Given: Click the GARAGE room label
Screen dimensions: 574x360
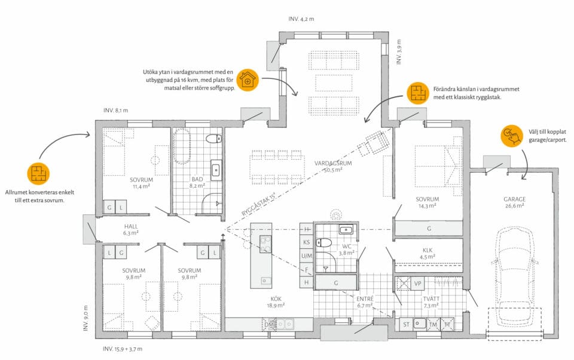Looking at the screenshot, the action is pyautogui.click(x=514, y=199).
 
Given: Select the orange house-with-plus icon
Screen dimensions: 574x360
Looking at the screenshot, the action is pyautogui.click(x=248, y=80).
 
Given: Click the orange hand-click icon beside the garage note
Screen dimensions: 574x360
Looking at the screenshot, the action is pyautogui.click(x=512, y=136).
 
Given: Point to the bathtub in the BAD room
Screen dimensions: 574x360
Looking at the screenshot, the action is pyautogui.click(x=182, y=146).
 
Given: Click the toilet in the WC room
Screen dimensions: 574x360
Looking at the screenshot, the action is pyautogui.click(x=323, y=243).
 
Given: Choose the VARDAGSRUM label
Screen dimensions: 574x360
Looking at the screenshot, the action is pyautogui.click(x=333, y=163).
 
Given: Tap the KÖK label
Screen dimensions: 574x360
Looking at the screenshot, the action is pyautogui.click(x=276, y=299).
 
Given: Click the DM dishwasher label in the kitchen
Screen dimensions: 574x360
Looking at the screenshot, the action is pyautogui.click(x=269, y=325).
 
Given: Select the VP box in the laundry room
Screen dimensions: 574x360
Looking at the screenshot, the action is pyautogui.click(x=418, y=283).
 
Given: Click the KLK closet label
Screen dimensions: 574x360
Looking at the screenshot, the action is pyautogui.click(x=428, y=251).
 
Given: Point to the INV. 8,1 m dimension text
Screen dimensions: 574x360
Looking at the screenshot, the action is pyautogui.click(x=115, y=110).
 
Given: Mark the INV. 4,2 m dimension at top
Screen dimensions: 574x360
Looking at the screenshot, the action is pyautogui.click(x=301, y=19).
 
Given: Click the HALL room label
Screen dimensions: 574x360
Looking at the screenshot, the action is pyautogui.click(x=131, y=227).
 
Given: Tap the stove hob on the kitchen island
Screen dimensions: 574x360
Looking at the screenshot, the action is pyautogui.click(x=265, y=244).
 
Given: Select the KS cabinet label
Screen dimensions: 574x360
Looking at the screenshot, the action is pyautogui.click(x=306, y=242).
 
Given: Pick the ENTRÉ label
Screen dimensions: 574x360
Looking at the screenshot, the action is pyautogui.click(x=365, y=299).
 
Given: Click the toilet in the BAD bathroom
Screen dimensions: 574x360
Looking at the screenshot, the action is pyautogui.click(x=214, y=139).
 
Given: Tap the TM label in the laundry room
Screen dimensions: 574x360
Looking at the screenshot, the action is pyautogui.click(x=433, y=325).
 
